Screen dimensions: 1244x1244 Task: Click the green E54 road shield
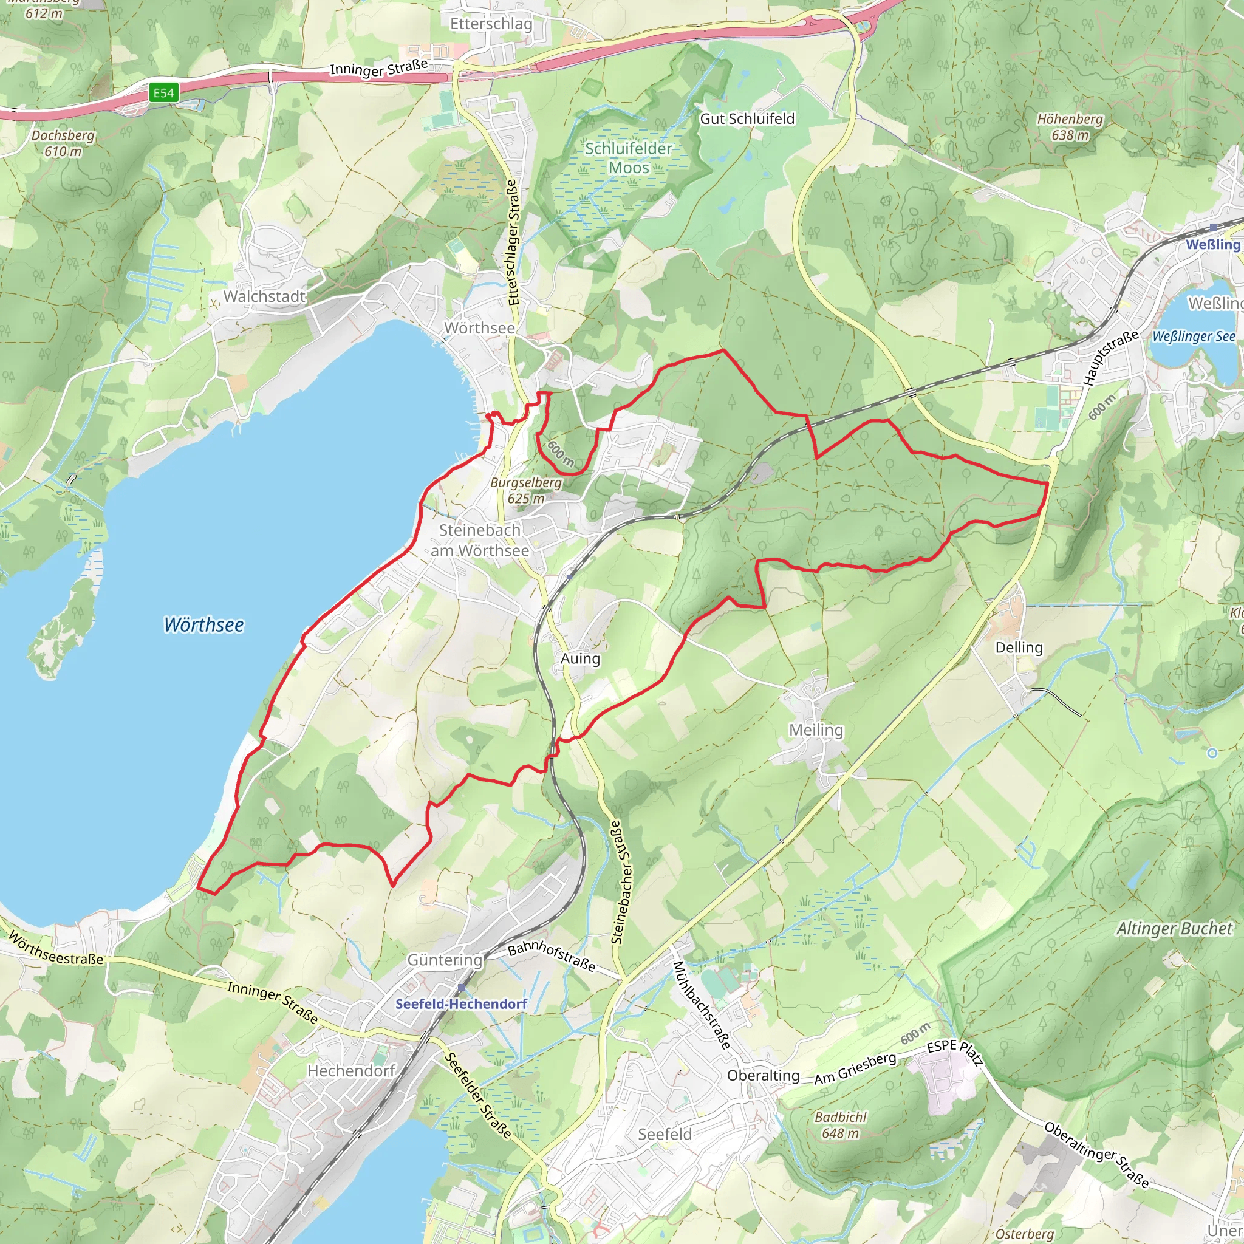click(x=163, y=93)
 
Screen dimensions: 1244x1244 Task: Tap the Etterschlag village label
click(x=491, y=24)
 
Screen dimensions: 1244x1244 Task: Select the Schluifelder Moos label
click(x=629, y=158)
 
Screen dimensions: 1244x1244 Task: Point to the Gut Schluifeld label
click(x=747, y=118)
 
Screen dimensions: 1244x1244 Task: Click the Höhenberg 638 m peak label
click(x=1070, y=127)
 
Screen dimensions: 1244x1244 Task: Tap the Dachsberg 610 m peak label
click(x=63, y=143)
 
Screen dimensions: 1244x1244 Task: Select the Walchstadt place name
click(x=264, y=296)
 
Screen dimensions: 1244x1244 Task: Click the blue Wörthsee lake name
click(x=203, y=624)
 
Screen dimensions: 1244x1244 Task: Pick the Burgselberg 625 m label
click(x=526, y=490)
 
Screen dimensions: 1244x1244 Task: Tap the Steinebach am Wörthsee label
click(x=480, y=540)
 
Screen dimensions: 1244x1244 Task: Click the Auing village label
click(x=580, y=658)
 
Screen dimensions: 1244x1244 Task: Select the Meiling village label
click(x=816, y=730)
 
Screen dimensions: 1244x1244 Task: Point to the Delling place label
click(x=1019, y=647)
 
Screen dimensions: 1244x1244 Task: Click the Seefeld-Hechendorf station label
click(x=461, y=1004)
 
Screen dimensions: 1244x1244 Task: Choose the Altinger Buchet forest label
click(x=1174, y=929)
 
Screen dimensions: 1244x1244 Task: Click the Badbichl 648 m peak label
click(x=840, y=1125)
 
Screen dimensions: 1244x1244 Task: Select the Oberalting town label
click(x=763, y=1075)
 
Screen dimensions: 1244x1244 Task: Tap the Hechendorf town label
click(x=351, y=1071)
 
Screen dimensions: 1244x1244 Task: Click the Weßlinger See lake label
click(x=1193, y=336)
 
